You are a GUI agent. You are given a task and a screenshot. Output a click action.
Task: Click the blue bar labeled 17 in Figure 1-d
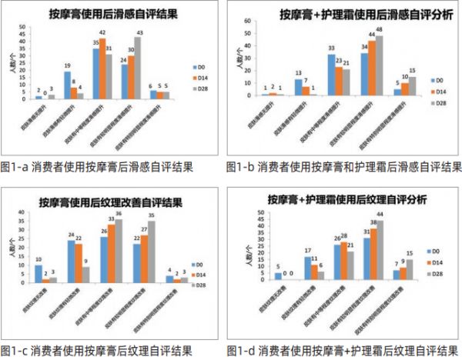click(308, 268)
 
